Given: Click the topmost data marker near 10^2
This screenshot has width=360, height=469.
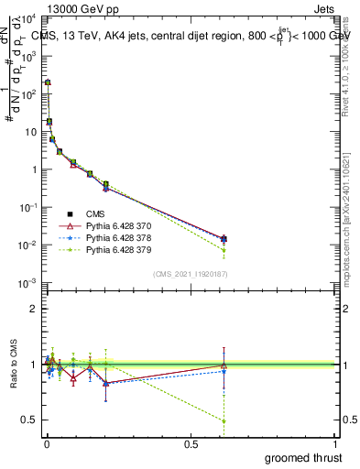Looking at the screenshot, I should pos(48,82).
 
